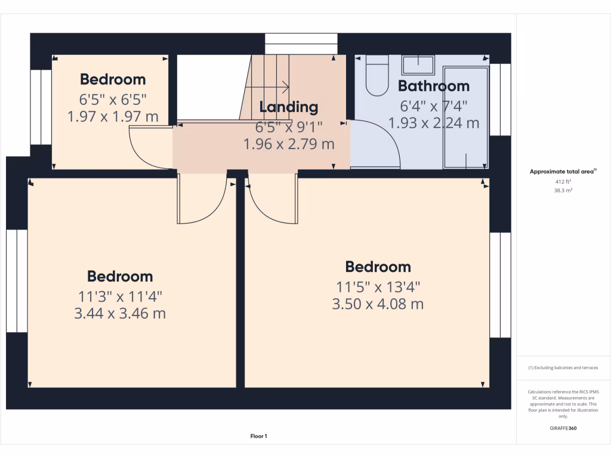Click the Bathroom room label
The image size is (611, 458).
(x=433, y=86)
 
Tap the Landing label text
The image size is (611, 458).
(x=289, y=107)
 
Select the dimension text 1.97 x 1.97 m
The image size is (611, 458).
(x=113, y=116)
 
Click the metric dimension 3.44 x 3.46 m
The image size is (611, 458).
(x=120, y=313)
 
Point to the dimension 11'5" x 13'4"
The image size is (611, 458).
(x=378, y=286)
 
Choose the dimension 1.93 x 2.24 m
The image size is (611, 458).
(x=434, y=123)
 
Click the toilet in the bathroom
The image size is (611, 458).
(x=377, y=77)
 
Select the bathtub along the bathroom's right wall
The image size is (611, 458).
(x=465, y=116)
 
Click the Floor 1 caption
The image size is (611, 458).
(x=258, y=437)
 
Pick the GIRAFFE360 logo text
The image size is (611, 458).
(x=563, y=428)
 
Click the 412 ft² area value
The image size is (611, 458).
(x=563, y=181)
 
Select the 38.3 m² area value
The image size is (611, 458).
(x=563, y=191)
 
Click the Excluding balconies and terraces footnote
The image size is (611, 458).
(x=563, y=368)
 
